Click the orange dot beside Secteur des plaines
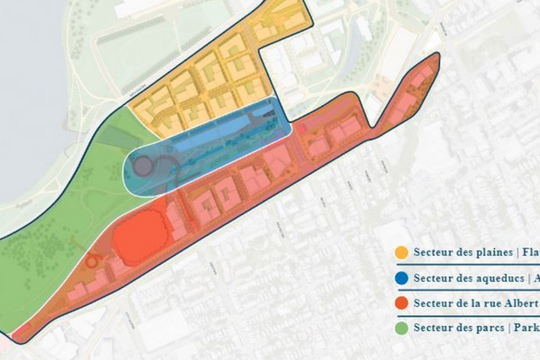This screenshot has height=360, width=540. point(400,252)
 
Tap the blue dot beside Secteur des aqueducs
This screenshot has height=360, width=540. point(400,278)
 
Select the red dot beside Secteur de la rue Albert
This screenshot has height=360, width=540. point(400,303)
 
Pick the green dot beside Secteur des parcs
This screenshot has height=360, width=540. point(400,328)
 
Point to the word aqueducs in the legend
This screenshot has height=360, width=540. point(495,278)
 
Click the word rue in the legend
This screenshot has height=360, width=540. point(490,303)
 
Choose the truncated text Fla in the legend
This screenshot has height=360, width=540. point(530,252)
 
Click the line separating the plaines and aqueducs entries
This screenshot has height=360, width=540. point(468,265)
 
